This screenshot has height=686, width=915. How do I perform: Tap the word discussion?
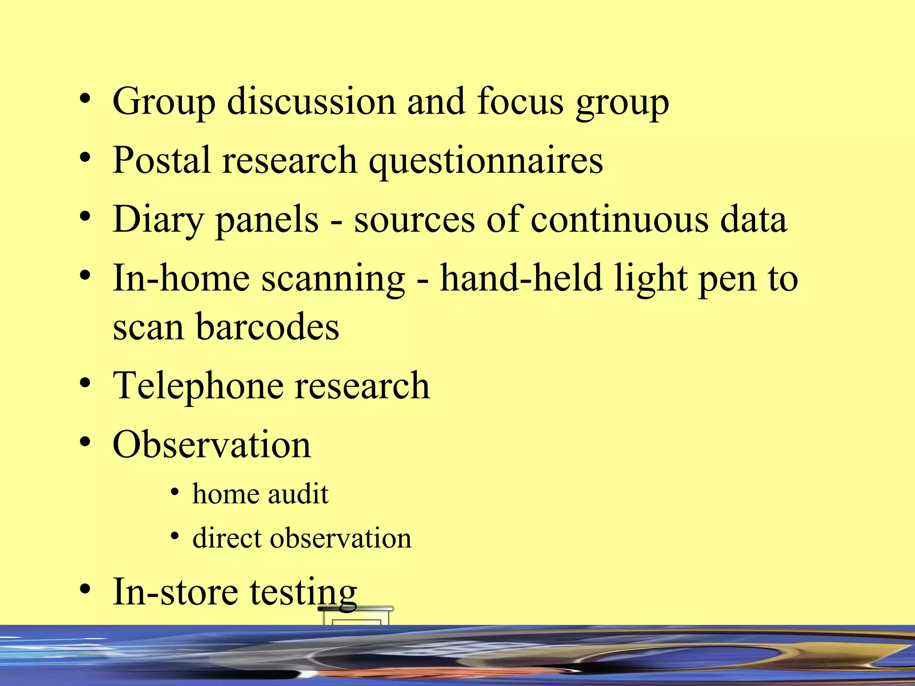[311, 101]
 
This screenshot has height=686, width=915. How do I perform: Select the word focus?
[520, 101]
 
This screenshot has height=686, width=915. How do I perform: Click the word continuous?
[620, 219]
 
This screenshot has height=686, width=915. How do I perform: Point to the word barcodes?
[267, 326]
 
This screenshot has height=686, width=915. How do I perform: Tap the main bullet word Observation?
[212, 444]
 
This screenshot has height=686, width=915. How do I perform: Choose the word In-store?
[176, 592]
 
